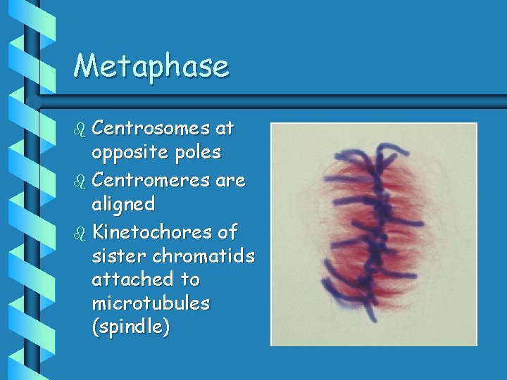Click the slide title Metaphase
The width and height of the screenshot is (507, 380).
151,66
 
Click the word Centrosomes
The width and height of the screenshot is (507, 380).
151,128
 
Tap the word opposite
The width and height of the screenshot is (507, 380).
129,152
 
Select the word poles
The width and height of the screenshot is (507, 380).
196,152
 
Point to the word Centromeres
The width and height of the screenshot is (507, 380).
151,180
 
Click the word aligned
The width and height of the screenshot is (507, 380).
123,204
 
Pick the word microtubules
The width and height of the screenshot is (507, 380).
151,303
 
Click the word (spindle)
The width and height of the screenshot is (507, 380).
131,328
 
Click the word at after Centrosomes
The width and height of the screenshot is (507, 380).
225,128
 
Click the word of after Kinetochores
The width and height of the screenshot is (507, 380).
228,232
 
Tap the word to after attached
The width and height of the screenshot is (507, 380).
190,279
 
